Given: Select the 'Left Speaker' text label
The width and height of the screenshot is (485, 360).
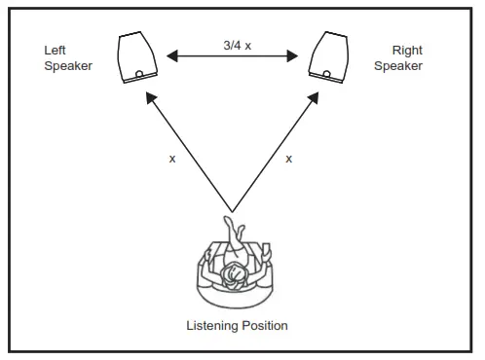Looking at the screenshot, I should point(67,58).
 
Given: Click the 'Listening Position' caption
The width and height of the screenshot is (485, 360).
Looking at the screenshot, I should point(237,325).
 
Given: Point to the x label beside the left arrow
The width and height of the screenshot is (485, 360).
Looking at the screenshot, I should point(172,158).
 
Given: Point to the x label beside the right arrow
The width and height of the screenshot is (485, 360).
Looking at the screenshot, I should point(288,158).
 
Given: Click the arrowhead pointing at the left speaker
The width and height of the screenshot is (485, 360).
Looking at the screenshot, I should point(149,96).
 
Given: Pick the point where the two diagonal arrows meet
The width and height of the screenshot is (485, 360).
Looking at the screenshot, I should point(233,210).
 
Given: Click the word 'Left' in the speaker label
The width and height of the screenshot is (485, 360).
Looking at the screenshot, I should point(54,51).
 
